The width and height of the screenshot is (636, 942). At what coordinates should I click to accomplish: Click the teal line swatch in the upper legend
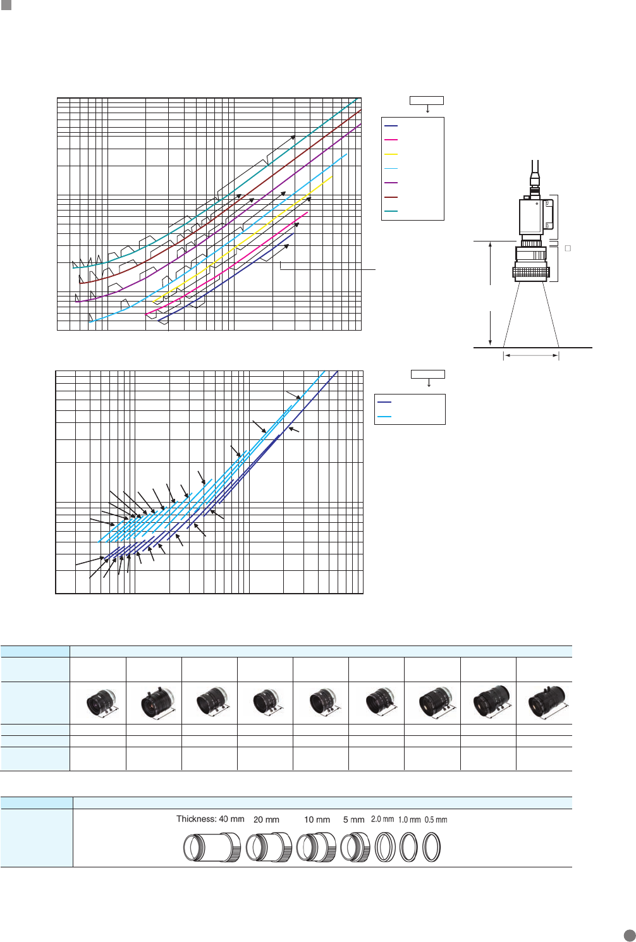coord(391,212)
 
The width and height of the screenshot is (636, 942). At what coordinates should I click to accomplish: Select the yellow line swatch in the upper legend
coord(391,154)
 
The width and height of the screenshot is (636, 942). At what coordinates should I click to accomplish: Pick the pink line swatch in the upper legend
coord(391,140)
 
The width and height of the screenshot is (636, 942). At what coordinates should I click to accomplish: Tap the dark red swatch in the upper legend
coord(391,197)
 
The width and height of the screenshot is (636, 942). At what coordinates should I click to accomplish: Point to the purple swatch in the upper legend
coord(391,183)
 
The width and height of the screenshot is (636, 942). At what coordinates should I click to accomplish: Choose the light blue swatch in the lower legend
coord(384,417)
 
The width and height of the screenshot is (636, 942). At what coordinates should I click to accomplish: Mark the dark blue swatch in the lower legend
coord(384,403)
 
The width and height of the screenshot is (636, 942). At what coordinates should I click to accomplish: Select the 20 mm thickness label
coord(266,819)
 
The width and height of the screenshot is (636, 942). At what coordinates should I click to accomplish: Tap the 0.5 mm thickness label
coord(436,819)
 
